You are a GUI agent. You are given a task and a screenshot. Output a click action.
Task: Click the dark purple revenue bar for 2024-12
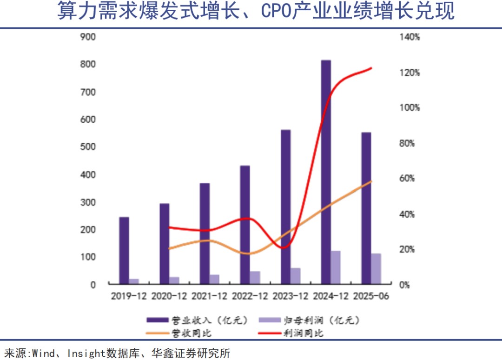326,172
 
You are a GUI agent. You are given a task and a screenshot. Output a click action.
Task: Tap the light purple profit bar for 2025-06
376,269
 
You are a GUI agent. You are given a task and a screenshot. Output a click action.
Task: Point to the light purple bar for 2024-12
336,267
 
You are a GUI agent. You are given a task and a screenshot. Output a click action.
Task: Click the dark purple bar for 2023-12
285,207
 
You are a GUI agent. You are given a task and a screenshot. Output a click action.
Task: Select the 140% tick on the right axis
410,37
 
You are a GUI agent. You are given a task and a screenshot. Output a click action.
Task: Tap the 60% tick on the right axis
410,179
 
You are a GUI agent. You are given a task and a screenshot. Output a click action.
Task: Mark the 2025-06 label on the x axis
371,296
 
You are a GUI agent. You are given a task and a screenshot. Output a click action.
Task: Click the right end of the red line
371,68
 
